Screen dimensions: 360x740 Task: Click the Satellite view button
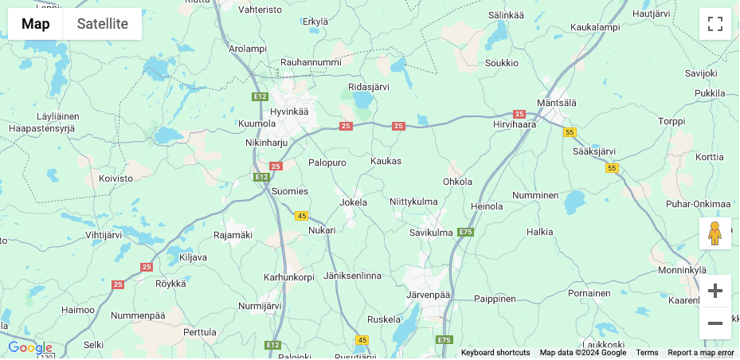pos(102,24)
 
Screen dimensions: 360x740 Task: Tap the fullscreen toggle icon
pos(715,24)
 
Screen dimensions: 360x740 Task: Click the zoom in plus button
pos(715,291)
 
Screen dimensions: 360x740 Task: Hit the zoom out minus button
pos(715,323)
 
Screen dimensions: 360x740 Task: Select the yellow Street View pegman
pos(715,233)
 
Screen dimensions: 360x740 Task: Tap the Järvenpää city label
pos(429,295)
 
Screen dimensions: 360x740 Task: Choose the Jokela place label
pos(354,202)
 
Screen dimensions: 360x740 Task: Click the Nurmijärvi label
pos(260,305)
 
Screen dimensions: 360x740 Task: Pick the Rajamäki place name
pos(233,235)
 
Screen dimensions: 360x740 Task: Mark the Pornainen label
pos(589,293)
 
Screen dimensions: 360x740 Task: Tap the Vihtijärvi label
pos(104,235)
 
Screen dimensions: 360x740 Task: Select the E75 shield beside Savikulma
pos(466,232)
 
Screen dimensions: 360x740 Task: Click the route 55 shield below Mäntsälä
pos(569,132)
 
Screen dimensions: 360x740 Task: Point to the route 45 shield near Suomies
pos(301,216)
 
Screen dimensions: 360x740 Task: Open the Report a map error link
pos(700,353)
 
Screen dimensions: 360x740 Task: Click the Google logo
pos(30,348)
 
